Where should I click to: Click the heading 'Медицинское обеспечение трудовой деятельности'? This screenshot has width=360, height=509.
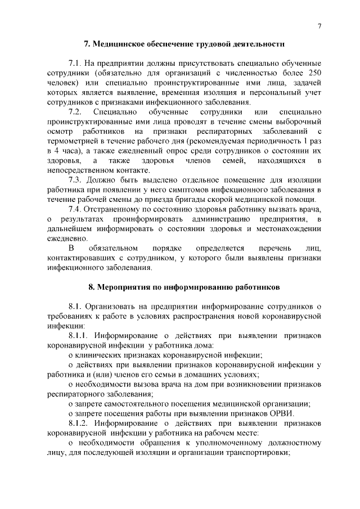184,43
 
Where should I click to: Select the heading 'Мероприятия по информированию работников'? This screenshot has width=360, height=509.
184,287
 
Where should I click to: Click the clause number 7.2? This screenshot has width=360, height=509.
76,112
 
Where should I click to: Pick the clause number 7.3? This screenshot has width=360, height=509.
76,180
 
